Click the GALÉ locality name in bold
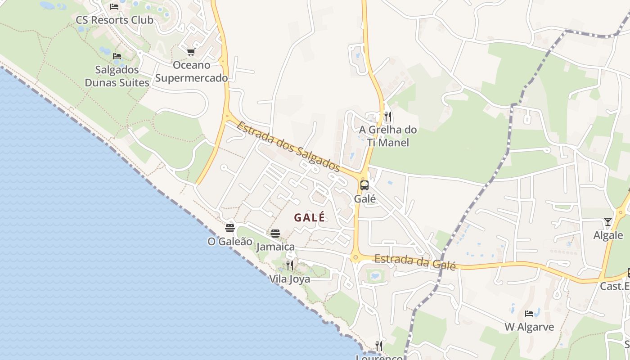point(310,217)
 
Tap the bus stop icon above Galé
point(364,185)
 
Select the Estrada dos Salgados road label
point(288,146)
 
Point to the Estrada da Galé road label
point(415,261)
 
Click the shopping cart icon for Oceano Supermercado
point(191,52)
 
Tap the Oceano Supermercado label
point(192,72)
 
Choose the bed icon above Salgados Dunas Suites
point(117,56)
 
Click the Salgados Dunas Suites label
point(117,76)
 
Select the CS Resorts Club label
point(114,20)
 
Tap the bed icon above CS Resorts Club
point(114,6)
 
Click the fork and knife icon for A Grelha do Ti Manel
point(387,117)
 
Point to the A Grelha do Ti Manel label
point(387,136)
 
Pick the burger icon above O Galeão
point(230,228)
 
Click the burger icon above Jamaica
point(275,233)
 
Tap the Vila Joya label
point(289,279)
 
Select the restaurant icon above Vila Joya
point(290,265)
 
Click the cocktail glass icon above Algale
point(608,221)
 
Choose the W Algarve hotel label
point(529,327)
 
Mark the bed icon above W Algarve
point(529,313)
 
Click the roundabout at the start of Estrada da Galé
point(355,258)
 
